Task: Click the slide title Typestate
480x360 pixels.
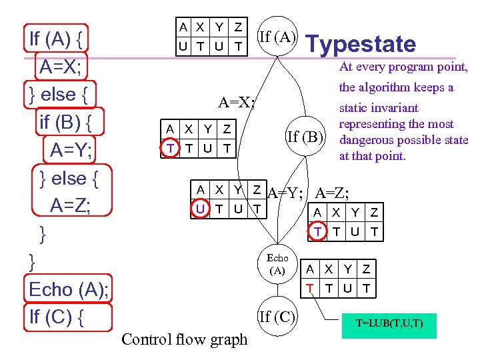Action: (360, 44)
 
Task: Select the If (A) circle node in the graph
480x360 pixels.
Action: (277, 37)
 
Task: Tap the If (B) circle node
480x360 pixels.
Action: (305, 138)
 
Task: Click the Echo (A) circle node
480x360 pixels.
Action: (277, 263)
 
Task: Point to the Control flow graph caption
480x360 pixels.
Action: (184, 339)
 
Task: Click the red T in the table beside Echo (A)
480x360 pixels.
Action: (310, 288)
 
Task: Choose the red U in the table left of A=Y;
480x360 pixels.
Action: (200, 209)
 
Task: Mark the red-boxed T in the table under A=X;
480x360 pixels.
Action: (170, 148)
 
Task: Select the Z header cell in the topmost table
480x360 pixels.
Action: (238, 27)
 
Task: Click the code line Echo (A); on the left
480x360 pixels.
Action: (69, 289)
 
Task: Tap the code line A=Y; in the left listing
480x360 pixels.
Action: (71, 151)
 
